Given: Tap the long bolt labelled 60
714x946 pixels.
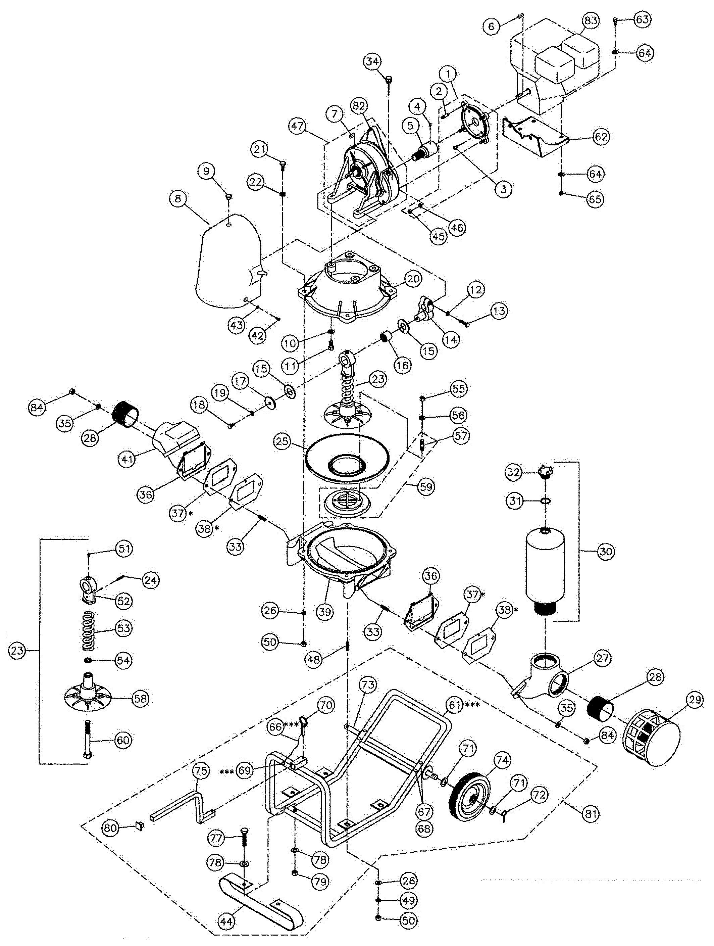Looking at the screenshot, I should [x=87, y=740].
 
